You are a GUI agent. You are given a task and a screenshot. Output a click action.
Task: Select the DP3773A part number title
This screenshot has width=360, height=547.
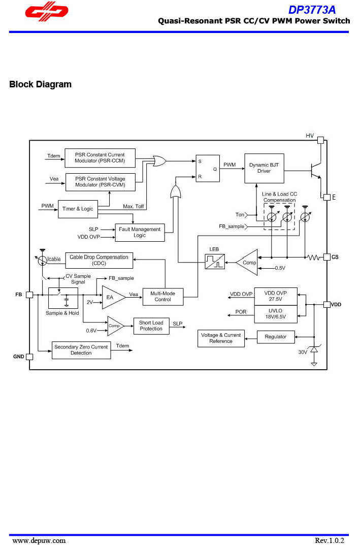click(312, 10)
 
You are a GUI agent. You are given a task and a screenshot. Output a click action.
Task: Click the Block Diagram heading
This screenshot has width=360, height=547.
click(41, 84)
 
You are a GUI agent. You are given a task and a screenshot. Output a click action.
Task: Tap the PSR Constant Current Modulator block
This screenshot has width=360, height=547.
click(100, 158)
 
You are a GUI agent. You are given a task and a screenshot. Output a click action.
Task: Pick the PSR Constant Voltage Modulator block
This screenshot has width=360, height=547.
click(100, 182)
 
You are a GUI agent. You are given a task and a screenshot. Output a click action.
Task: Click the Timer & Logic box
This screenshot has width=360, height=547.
click(77, 209)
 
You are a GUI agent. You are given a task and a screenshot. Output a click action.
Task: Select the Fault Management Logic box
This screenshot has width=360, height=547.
click(139, 232)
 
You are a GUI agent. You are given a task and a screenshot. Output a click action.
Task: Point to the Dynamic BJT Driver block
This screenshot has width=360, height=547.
click(264, 168)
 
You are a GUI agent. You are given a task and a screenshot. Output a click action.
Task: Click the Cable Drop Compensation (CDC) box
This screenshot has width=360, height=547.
click(99, 260)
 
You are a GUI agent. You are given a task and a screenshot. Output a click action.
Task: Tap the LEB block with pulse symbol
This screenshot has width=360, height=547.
click(214, 262)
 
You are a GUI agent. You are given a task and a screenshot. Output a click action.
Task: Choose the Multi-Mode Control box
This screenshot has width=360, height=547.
click(162, 297)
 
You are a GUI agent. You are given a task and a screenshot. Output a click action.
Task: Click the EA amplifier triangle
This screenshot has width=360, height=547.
click(112, 297)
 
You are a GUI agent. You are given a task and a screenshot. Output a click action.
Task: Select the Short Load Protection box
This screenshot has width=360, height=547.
click(151, 326)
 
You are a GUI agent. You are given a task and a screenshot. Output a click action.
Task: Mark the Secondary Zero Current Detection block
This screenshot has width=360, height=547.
click(81, 350)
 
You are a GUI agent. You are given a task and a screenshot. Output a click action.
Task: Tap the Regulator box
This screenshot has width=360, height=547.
click(275, 337)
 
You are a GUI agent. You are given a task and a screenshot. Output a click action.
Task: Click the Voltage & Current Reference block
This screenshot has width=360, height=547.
click(221, 338)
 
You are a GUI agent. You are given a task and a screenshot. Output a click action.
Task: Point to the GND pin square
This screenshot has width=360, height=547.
click(29, 357)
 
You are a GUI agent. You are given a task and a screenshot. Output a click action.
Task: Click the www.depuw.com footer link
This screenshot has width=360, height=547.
click(39, 540)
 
